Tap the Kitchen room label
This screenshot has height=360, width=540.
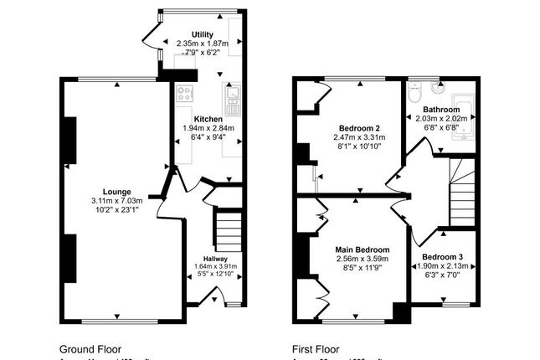click(x=208, y=119)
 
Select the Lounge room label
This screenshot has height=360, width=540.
click(x=116, y=191)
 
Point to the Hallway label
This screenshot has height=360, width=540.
click(x=216, y=259)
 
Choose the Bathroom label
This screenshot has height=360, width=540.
click(x=440, y=110)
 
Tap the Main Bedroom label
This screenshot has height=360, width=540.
click(x=362, y=249)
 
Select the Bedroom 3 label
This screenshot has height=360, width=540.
click(x=441, y=256)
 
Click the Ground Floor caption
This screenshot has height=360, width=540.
click(x=90, y=348)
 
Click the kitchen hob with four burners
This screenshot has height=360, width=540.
click(x=184, y=94)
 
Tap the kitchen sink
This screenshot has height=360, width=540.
click(x=233, y=99)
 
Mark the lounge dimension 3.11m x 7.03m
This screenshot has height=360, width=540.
click(x=116, y=201)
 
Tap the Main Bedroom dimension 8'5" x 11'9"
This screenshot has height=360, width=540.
click(x=362, y=270)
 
